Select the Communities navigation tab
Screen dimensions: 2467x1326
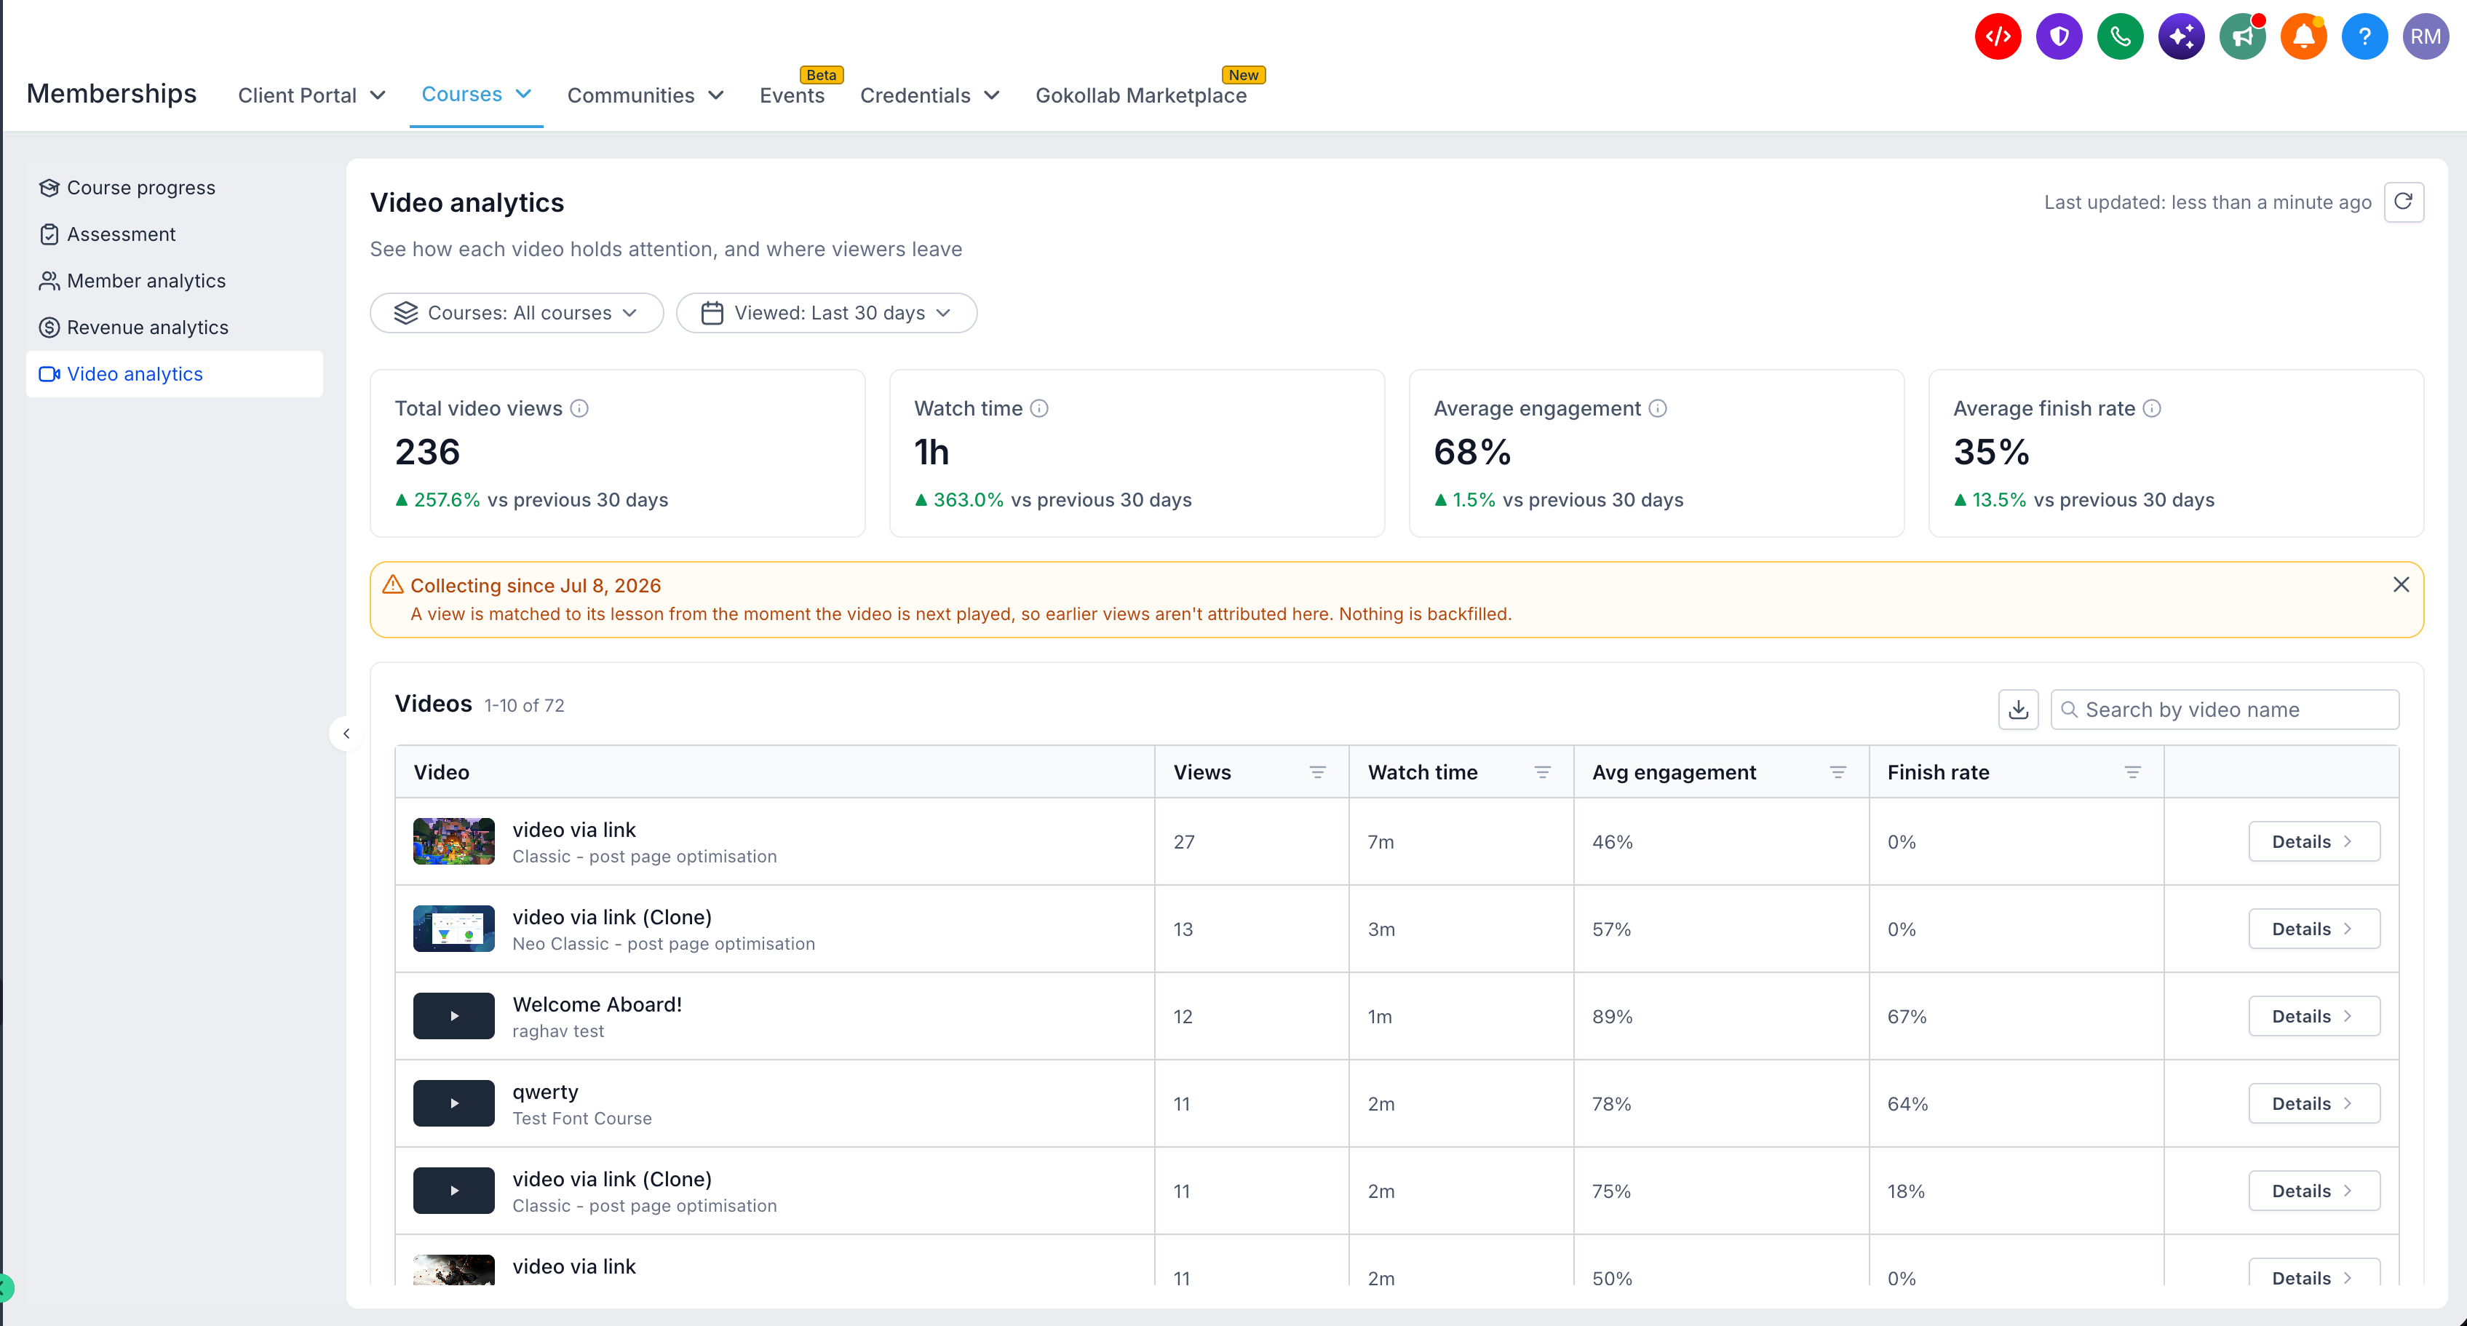(x=645, y=95)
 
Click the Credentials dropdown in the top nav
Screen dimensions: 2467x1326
(x=929, y=95)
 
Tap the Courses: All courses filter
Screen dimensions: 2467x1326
(x=516, y=313)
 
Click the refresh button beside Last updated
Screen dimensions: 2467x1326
(x=2403, y=202)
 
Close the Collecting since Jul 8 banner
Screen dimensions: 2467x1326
(x=2401, y=585)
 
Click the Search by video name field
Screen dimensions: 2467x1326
(x=2224, y=710)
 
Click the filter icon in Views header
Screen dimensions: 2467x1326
(x=1318, y=773)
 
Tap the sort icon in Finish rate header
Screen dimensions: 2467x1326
(x=2133, y=773)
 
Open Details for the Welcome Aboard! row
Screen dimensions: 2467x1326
(x=2313, y=1017)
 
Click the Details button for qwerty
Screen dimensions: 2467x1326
(x=2313, y=1104)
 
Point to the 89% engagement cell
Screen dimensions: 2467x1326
(x=1613, y=1017)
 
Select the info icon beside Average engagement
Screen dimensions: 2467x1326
(x=1658, y=409)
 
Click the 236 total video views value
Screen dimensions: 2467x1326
(x=427, y=452)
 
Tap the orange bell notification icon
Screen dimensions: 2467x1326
(x=2303, y=36)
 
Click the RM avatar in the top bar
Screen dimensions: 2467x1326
(x=2426, y=36)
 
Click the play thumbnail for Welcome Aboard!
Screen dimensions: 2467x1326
(x=454, y=1016)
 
